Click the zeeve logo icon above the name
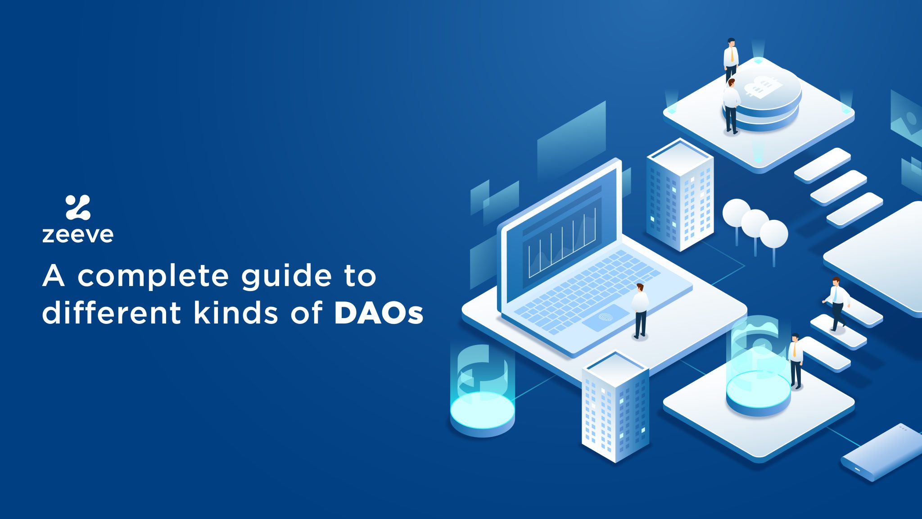pyautogui.click(x=78, y=207)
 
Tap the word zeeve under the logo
pyautogui.click(x=78, y=235)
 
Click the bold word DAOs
pyautogui.click(x=379, y=313)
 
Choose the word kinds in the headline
pyautogui.click(x=236, y=312)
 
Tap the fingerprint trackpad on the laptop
pyautogui.click(x=606, y=318)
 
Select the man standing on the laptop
pyautogui.click(x=640, y=311)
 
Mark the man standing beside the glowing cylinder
pyautogui.click(x=795, y=361)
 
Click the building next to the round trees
pyautogui.click(x=680, y=195)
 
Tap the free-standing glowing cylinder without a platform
pyautogui.click(x=483, y=390)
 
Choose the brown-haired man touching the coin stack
pyautogui.click(x=731, y=106)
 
